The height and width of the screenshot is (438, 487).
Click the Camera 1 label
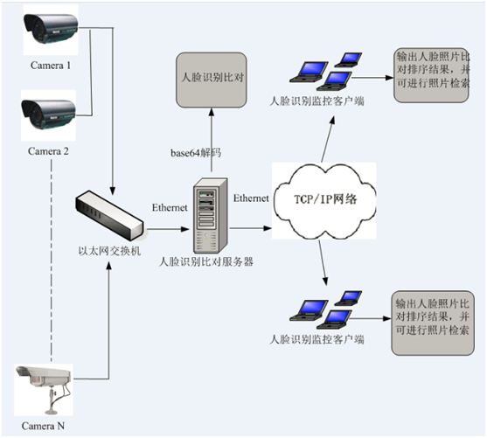51,66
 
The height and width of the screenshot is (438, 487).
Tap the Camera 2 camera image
48,115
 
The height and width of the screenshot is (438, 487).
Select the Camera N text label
43,426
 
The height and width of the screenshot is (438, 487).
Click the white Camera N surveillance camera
44,390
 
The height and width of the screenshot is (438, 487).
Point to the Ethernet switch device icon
109,215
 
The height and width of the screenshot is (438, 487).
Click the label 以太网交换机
109,251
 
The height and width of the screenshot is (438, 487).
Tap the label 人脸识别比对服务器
206,261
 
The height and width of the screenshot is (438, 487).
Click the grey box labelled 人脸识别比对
212,80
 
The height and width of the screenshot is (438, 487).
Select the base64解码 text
196,153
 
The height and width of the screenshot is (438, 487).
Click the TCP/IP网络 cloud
324,201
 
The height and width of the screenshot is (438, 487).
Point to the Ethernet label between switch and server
170,207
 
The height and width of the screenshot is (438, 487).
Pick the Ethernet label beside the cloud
251,198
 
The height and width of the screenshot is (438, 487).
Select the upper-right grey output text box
432,75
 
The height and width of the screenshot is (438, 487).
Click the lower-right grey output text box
433,323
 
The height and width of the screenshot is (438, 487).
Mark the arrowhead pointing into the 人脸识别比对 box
212,112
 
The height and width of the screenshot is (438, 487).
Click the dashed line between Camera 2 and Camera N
52,261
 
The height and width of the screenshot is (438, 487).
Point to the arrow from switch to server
168,229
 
